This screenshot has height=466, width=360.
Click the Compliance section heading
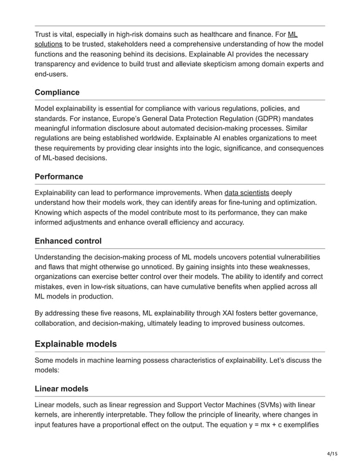(57, 92)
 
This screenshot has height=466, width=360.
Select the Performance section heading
(59, 177)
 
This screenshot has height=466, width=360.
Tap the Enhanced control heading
(68, 241)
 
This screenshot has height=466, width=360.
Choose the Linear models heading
(62, 389)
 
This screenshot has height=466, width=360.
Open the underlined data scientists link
(247, 192)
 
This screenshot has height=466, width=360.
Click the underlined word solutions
(49, 43)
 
